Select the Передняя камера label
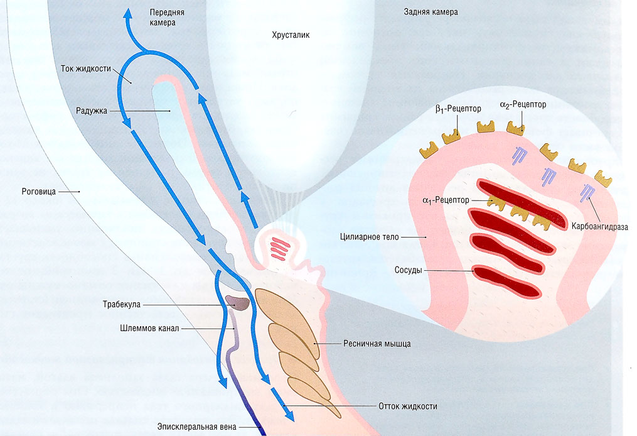tap(163, 18)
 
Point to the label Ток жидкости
tap(87, 68)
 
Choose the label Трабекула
tap(122, 304)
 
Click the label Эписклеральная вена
tap(197, 427)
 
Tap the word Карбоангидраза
tap(599, 226)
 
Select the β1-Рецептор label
tap(458, 109)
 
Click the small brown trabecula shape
tap(238, 303)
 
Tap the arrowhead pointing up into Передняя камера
tap(129, 15)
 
